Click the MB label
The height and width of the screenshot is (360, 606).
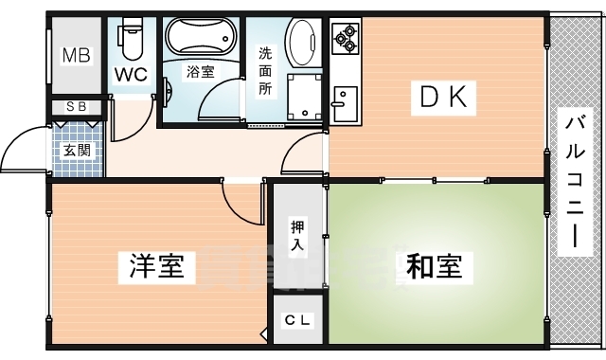click(77, 56)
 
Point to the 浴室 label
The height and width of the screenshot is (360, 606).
click(200, 72)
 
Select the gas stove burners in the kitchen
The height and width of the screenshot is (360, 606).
click(347, 37)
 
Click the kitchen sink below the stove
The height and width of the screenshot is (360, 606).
click(344, 100)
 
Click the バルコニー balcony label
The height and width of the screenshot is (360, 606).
click(575, 180)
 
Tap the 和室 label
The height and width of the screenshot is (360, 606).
click(435, 268)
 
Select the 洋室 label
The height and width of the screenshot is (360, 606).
click(156, 268)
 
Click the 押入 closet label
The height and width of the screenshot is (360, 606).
click(298, 236)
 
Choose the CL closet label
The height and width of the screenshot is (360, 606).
click(297, 320)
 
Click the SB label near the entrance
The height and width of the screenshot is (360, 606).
click(77, 107)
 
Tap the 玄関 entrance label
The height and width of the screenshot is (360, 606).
click(77, 150)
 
